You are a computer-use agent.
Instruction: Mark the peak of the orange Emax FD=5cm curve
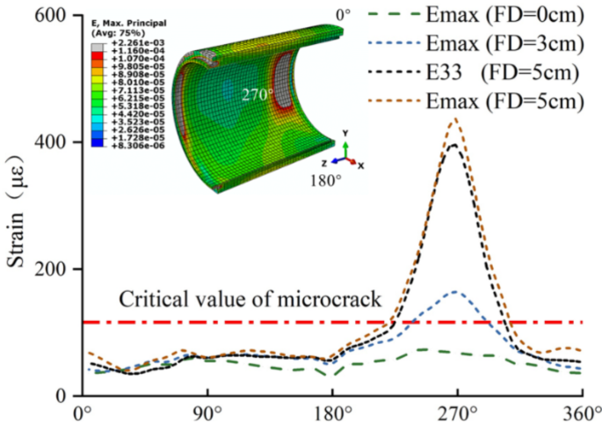(454, 119)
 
